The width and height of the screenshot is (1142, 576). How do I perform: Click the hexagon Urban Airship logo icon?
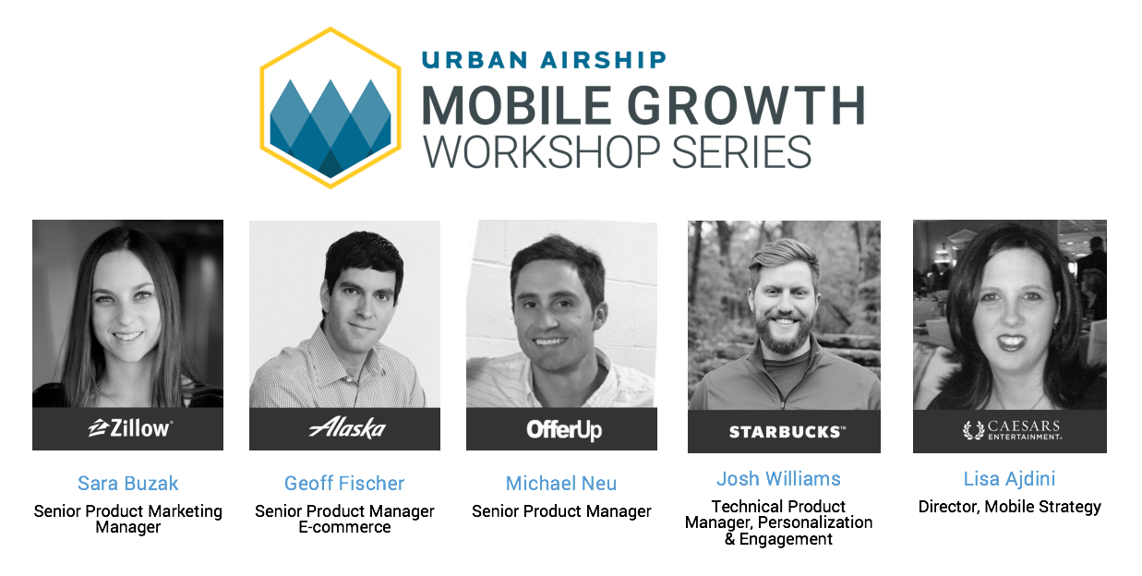tap(331, 108)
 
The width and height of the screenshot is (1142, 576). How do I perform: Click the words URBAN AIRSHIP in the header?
tap(544, 60)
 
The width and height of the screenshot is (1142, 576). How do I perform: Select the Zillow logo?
tap(129, 428)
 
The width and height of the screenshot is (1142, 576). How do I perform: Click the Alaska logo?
tap(347, 427)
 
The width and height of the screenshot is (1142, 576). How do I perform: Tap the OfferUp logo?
tap(563, 429)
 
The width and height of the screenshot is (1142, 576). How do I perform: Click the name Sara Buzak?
tap(128, 484)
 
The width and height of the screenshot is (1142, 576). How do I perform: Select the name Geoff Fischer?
tap(344, 484)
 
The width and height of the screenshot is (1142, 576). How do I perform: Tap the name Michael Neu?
tap(561, 484)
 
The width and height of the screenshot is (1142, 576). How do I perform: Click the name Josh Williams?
tap(778, 479)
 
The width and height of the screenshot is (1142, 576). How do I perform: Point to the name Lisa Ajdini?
tap(1009, 479)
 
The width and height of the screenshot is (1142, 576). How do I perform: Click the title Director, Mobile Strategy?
tap(1009, 507)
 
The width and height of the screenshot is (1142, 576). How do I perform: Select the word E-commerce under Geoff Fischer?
tap(344, 527)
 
